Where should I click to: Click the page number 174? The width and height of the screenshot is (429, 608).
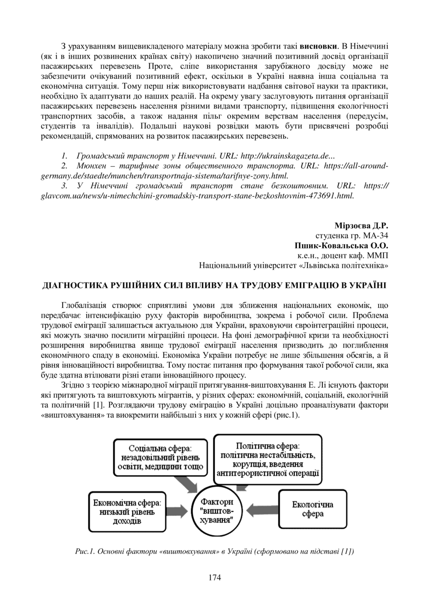point(214,577)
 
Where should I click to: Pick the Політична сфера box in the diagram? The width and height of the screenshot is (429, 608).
point(268,460)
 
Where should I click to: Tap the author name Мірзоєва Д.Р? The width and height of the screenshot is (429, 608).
point(361,226)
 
